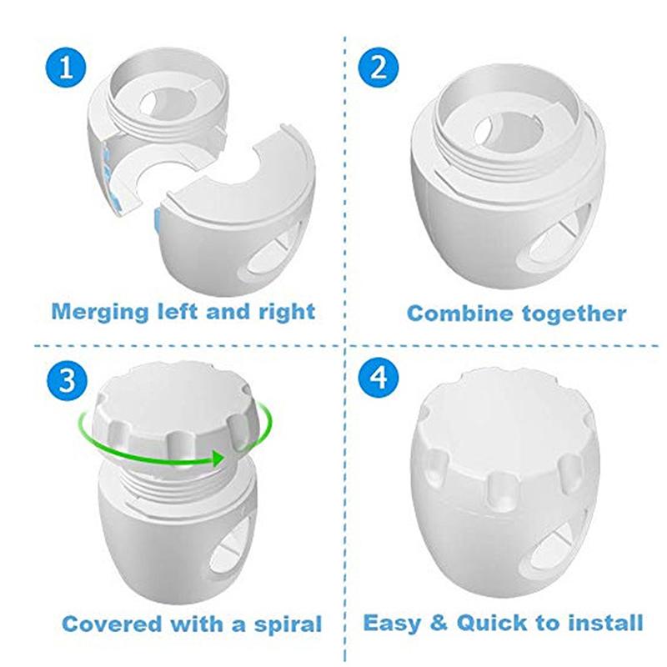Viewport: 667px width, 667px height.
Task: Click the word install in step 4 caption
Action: coord(608,622)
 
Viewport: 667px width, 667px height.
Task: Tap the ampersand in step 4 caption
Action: coord(438,622)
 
